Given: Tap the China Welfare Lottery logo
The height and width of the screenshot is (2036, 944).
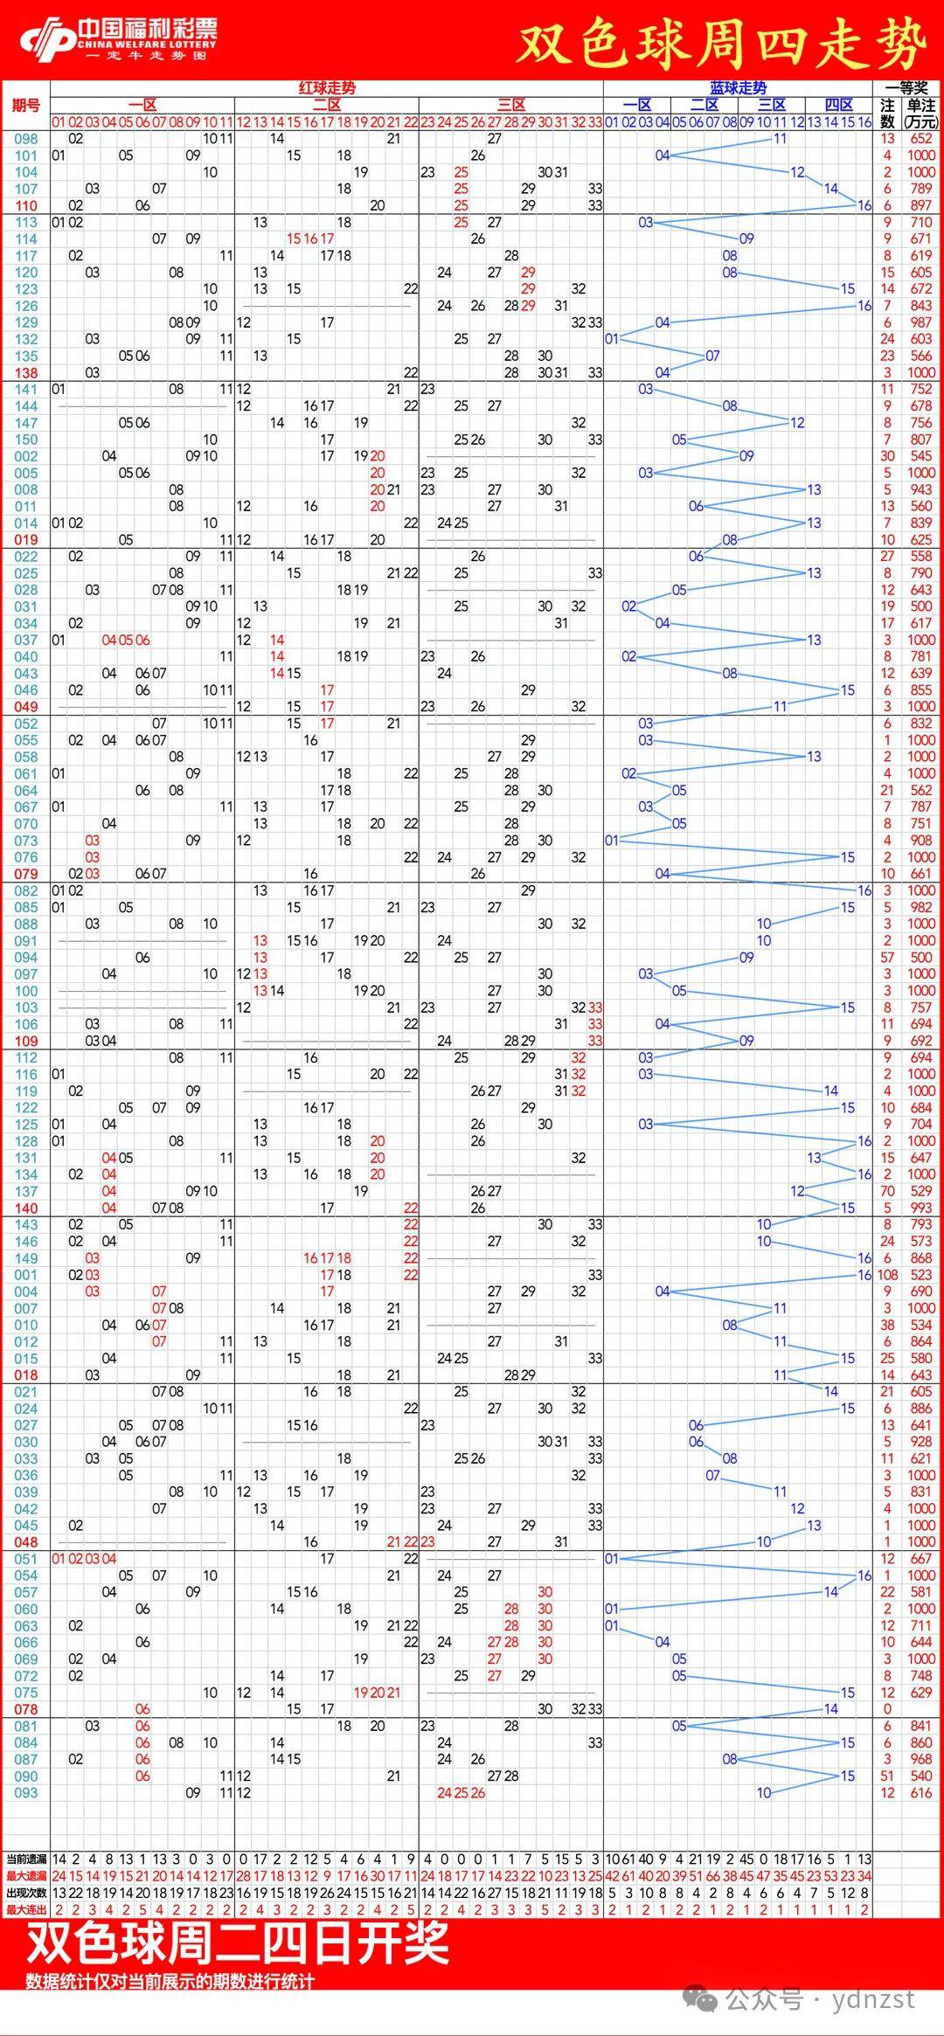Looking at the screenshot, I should tap(118, 39).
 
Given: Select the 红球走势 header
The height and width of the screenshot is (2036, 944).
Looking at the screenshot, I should tap(327, 88).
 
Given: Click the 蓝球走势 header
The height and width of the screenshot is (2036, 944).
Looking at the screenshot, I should tap(738, 88).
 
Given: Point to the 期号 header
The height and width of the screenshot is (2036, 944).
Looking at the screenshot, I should tap(26, 106).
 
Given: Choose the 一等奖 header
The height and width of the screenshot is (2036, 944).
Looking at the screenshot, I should tap(906, 88).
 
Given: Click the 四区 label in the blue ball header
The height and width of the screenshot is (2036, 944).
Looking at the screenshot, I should tap(838, 105).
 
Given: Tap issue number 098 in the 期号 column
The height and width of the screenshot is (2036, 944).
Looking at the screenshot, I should tap(26, 139).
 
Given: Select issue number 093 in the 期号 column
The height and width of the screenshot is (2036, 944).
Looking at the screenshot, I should tap(26, 1792).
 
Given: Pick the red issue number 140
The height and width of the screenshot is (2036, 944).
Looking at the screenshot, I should tap(26, 1208).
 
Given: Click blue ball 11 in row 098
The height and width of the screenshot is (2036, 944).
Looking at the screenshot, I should tap(780, 139).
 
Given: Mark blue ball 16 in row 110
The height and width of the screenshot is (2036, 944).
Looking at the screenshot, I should tap(864, 205).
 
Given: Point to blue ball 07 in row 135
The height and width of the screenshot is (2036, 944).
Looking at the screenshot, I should tap(712, 356).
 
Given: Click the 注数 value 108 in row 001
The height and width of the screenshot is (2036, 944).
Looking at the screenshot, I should tap(887, 1275).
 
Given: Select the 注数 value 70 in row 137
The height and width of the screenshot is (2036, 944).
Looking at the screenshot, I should tap(887, 1192).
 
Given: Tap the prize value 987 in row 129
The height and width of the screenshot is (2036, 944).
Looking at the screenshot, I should tap(921, 322).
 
